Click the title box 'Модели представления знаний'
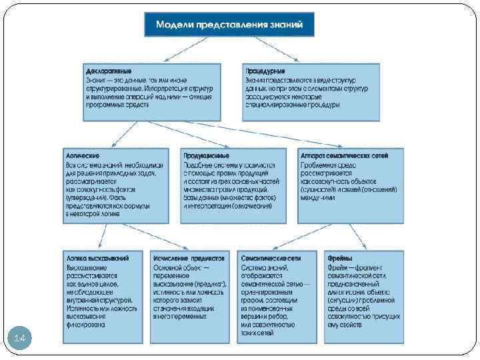tap(229, 25)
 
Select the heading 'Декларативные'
tap(109, 70)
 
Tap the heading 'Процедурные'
tap(265, 70)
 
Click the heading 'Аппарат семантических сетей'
tap(344, 155)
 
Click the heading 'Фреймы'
tap(340, 257)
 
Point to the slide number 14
tap(19, 339)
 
